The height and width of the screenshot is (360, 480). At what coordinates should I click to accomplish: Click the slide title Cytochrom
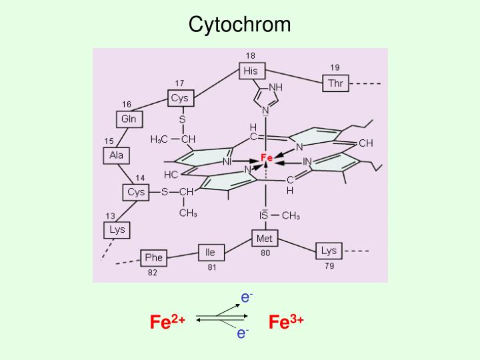[239, 24]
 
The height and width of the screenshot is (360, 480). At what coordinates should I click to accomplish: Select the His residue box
[252, 71]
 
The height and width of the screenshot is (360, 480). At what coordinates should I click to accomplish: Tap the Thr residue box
[336, 83]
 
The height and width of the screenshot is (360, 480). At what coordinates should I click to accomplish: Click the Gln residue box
[129, 119]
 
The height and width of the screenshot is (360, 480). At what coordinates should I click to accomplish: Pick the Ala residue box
[116, 155]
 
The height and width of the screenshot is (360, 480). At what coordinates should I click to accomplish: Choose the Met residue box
[265, 238]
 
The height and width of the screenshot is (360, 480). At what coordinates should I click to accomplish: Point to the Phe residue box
[154, 258]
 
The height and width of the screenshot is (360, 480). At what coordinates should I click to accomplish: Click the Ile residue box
[211, 253]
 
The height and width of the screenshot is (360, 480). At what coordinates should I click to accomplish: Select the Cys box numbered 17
[181, 98]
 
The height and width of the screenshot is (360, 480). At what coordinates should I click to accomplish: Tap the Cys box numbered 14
[136, 192]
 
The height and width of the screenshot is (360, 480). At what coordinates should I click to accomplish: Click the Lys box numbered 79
[329, 251]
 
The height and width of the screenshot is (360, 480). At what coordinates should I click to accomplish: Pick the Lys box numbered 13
[117, 230]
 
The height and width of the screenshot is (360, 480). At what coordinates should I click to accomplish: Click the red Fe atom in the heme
[267, 157]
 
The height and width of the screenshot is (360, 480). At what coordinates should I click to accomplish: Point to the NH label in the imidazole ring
[275, 87]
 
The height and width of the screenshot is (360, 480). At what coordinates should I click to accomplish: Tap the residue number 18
[251, 56]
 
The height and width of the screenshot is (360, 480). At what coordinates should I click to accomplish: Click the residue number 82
[153, 273]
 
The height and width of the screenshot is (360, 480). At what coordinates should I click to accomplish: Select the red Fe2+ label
[167, 321]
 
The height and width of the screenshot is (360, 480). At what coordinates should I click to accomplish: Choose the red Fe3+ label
[286, 321]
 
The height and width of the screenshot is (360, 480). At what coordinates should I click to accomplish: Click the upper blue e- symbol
[247, 297]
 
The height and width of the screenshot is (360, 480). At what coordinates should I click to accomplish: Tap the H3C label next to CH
[159, 139]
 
